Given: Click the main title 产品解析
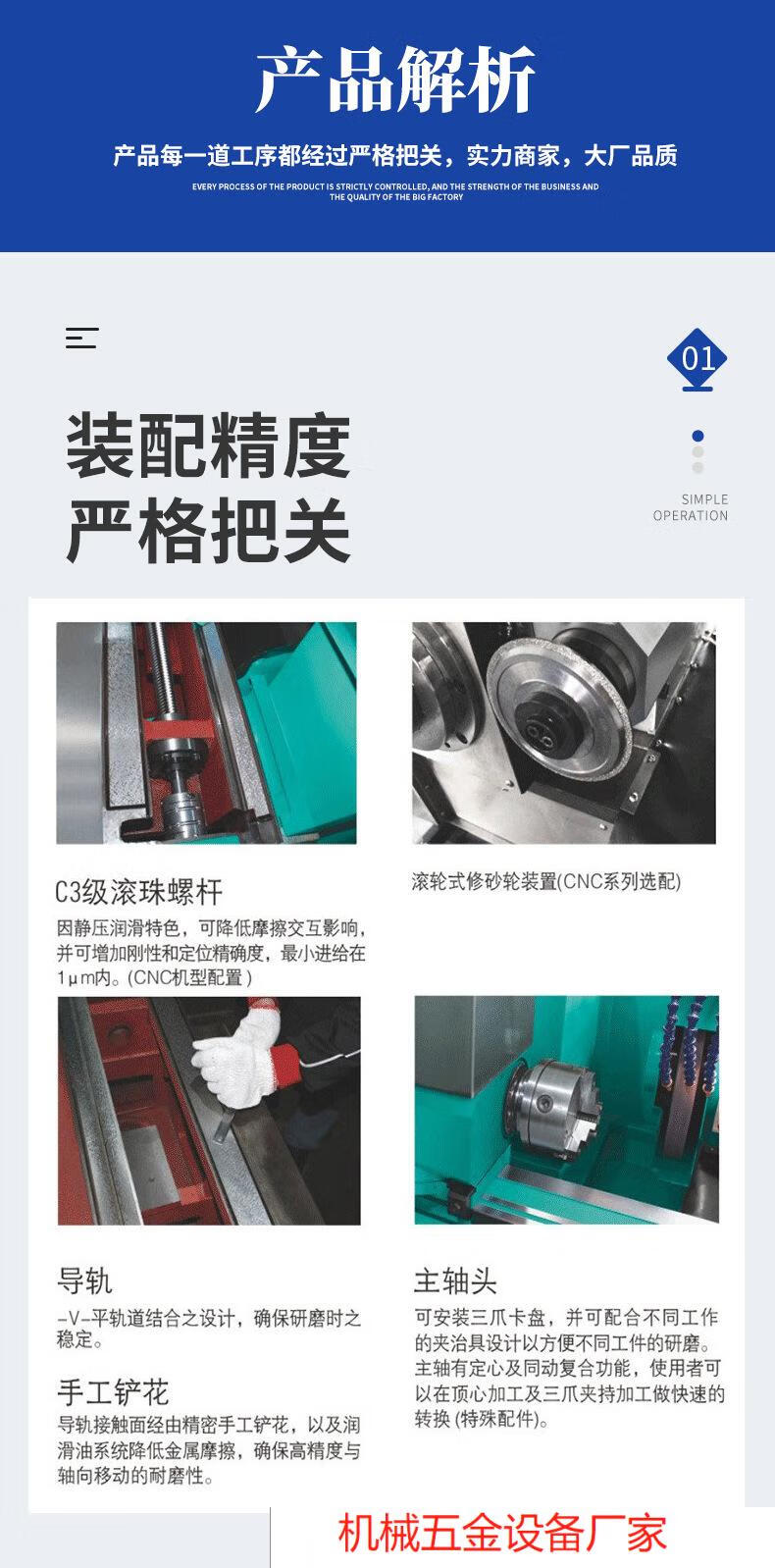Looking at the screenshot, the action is [x=395, y=79].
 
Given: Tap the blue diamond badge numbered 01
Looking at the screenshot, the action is [x=697, y=358].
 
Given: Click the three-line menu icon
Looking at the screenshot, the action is [x=81, y=339].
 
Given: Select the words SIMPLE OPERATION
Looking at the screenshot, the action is [x=691, y=507].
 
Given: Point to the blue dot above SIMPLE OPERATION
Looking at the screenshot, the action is [x=697, y=436].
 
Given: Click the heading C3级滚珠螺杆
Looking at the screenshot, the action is [x=138, y=892].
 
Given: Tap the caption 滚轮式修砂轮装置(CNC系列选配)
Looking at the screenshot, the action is [x=546, y=880].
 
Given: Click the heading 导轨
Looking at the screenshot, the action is [x=84, y=1281].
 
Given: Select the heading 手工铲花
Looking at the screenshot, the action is [x=113, y=1392].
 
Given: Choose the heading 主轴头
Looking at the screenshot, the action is [x=455, y=1281].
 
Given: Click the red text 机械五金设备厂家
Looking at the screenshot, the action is [x=502, y=1533].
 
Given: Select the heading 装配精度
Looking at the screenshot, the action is [x=208, y=444].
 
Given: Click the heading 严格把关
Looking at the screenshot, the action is [x=208, y=530].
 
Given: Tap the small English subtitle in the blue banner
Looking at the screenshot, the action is [x=395, y=191].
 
